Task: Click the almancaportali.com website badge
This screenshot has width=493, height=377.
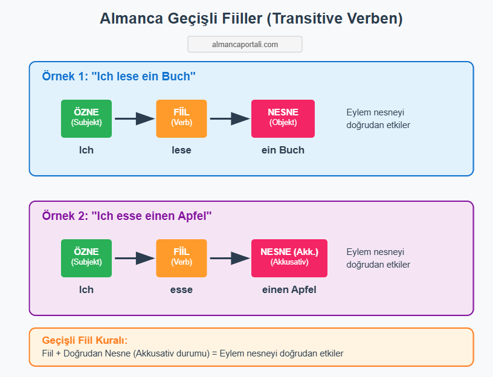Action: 245,44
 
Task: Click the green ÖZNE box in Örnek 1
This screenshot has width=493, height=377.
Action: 86,118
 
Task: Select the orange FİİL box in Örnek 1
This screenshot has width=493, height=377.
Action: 181,118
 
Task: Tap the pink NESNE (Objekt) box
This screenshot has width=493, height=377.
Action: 283,118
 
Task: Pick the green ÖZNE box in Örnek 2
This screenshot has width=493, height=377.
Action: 86,258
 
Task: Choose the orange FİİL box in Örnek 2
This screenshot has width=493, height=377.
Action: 181,258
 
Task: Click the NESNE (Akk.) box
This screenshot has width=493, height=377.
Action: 289,258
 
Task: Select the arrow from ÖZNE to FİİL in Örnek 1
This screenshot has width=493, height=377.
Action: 135,118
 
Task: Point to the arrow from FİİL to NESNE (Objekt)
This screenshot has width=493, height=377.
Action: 230,118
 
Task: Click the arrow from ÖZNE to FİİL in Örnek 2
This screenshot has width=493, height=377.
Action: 135,258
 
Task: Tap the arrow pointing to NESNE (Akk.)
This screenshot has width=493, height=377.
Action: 230,258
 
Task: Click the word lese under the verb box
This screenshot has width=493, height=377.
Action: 181,150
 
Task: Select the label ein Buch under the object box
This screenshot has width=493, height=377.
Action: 283,150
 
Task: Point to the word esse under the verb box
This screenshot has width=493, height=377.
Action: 181,289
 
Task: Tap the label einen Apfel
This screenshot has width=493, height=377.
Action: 289,289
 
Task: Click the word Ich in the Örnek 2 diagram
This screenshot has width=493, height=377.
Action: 86,289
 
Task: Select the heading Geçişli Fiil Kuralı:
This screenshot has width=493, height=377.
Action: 85,340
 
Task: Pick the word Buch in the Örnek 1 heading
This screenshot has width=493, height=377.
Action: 176,76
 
